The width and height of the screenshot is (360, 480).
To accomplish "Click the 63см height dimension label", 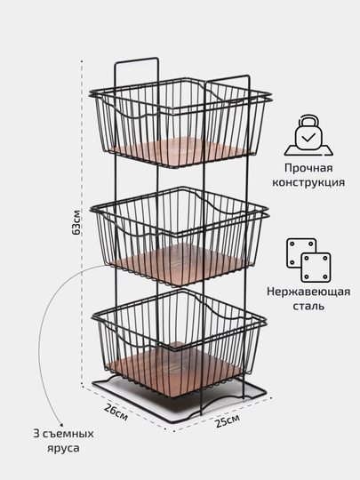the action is tap(76, 222).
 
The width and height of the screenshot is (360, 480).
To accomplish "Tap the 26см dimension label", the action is tap(116, 412).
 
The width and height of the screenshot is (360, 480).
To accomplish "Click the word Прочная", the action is tap(308, 168).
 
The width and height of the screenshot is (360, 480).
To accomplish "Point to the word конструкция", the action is tap(308, 182).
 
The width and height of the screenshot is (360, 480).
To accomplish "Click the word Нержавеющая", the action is tap(308, 292).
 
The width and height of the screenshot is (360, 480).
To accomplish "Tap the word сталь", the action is tap(308, 306).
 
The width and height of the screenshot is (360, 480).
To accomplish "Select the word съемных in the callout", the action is tap(68, 434).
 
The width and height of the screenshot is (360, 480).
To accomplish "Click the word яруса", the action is tap(63, 449).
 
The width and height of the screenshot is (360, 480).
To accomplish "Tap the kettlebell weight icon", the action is tap(308, 135).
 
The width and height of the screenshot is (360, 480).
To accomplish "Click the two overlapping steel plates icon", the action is tap(308, 260).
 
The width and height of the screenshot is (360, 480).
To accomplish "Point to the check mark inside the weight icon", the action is tap(308, 138).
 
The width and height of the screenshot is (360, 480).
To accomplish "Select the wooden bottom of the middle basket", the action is tap(181, 264).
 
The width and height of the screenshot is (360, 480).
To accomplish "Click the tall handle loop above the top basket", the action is tap(137, 60).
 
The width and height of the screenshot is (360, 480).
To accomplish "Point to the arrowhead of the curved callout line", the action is tap(60, 426).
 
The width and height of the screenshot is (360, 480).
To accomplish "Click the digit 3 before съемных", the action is tap(36, 434).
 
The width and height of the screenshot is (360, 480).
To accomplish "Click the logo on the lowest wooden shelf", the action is tap(170, 370).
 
